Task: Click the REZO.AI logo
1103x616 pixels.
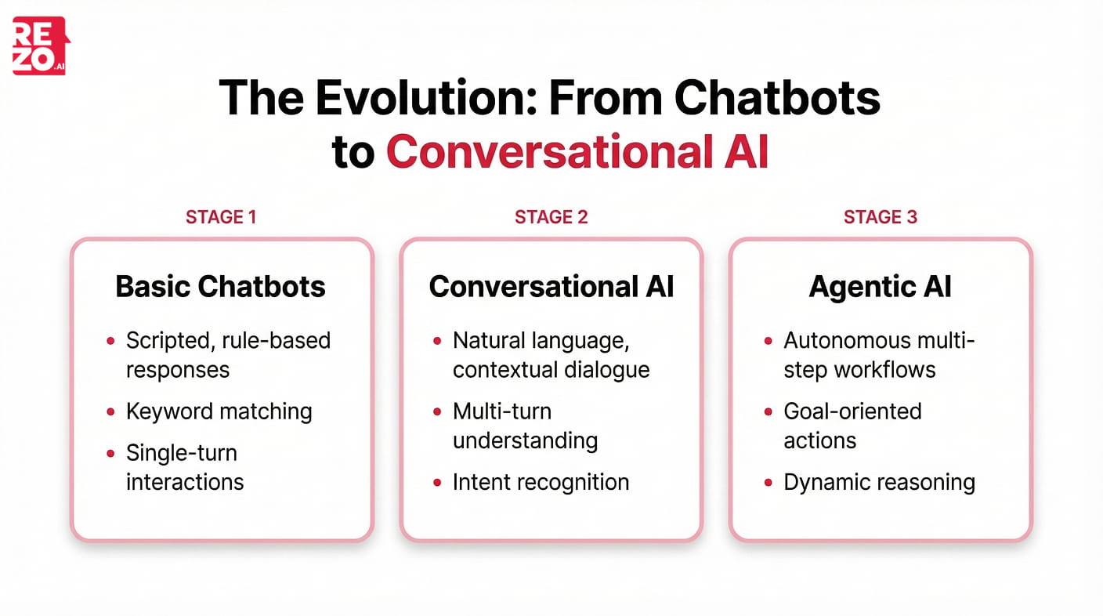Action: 40,46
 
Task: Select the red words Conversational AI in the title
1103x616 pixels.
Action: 577,151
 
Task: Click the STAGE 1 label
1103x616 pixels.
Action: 221,217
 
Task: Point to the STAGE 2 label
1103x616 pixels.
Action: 551,217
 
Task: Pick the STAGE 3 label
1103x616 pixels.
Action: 880,217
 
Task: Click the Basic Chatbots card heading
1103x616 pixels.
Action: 220,287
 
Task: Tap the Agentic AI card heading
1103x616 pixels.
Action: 880,287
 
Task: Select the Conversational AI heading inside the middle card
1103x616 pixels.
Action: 551,287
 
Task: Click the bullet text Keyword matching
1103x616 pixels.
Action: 219,411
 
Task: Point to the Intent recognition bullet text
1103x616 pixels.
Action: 541,482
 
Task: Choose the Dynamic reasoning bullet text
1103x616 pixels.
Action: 879,482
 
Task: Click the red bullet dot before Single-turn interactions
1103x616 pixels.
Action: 110,454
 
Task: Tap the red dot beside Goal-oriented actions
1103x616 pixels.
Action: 768,412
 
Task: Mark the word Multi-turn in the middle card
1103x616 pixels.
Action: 501,411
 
